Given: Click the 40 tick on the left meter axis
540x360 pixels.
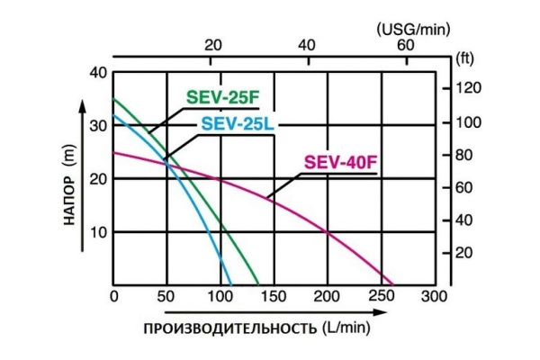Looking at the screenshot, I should (99, 72).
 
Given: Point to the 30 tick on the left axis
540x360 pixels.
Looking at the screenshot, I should (99, 125).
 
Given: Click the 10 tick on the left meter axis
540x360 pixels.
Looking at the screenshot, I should (99, 231).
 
